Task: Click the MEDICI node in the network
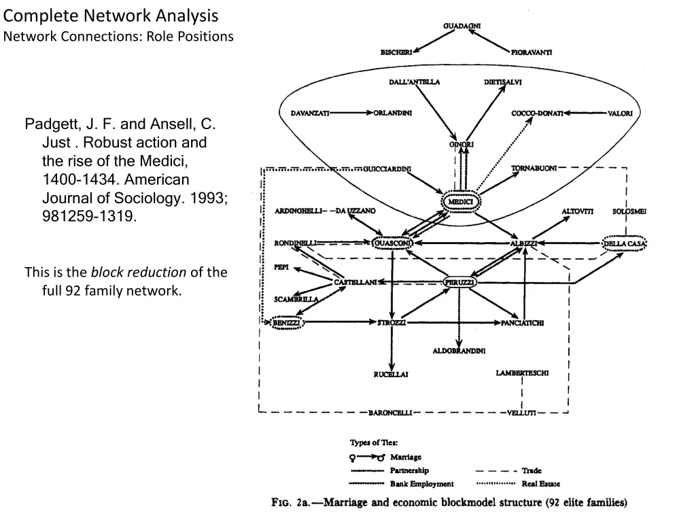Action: pos(461,202)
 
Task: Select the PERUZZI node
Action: pos(459,282)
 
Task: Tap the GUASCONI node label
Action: pos(392,243)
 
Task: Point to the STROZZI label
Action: pos(391,323)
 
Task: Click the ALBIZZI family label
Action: pos(524,243)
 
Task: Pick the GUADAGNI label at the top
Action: pos(462,26)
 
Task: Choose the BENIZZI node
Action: pos(286,323)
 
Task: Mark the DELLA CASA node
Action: pos(624,244)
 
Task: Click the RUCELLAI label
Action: pos(391,375)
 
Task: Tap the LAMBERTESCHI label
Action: pos(522,373)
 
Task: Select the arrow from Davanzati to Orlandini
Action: pos(351,113)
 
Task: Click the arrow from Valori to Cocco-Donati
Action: pos(585,114)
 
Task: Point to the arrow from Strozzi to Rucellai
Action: pos(391,349)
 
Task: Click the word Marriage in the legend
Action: pos(406,457)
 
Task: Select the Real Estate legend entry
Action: pos(540,483)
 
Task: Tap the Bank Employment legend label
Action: pos(421,483)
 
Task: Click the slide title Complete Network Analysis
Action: pos(111,16)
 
